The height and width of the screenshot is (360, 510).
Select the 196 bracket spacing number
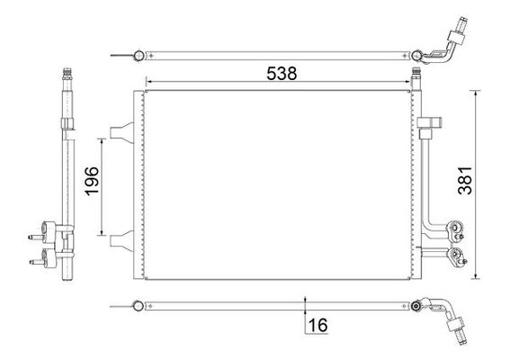(89, 184)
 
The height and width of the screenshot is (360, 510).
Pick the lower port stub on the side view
(37, 263)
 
